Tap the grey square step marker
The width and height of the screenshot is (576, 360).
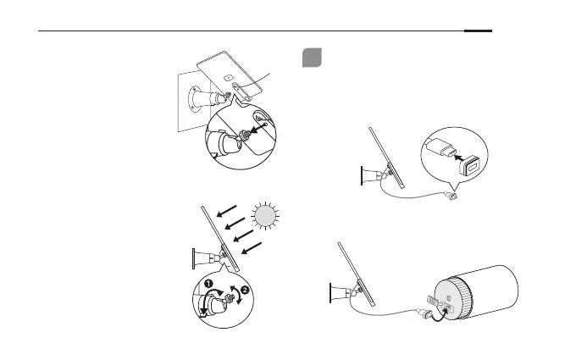click(310, 58)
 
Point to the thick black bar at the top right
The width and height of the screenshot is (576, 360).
click(478, 33)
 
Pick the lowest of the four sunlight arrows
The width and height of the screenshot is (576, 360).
click(252, 250)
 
